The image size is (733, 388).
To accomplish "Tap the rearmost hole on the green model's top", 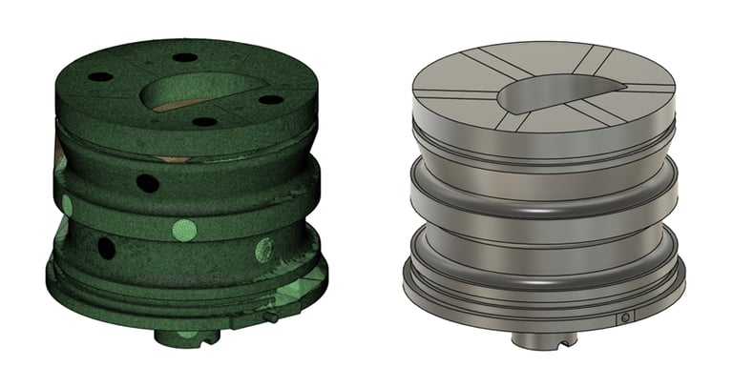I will [x=185, y=58].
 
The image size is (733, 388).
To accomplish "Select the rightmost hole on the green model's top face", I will [x=271, y=99].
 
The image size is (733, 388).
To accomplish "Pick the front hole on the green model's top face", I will [x=202, y=122].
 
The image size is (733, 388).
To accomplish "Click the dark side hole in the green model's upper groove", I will [x=147, y=182].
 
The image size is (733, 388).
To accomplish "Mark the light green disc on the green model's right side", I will [x=263, y=251].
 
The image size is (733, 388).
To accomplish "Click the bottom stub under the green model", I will [x=180, y=334].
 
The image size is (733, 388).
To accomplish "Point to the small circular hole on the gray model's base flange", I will [x=625, y=317].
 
